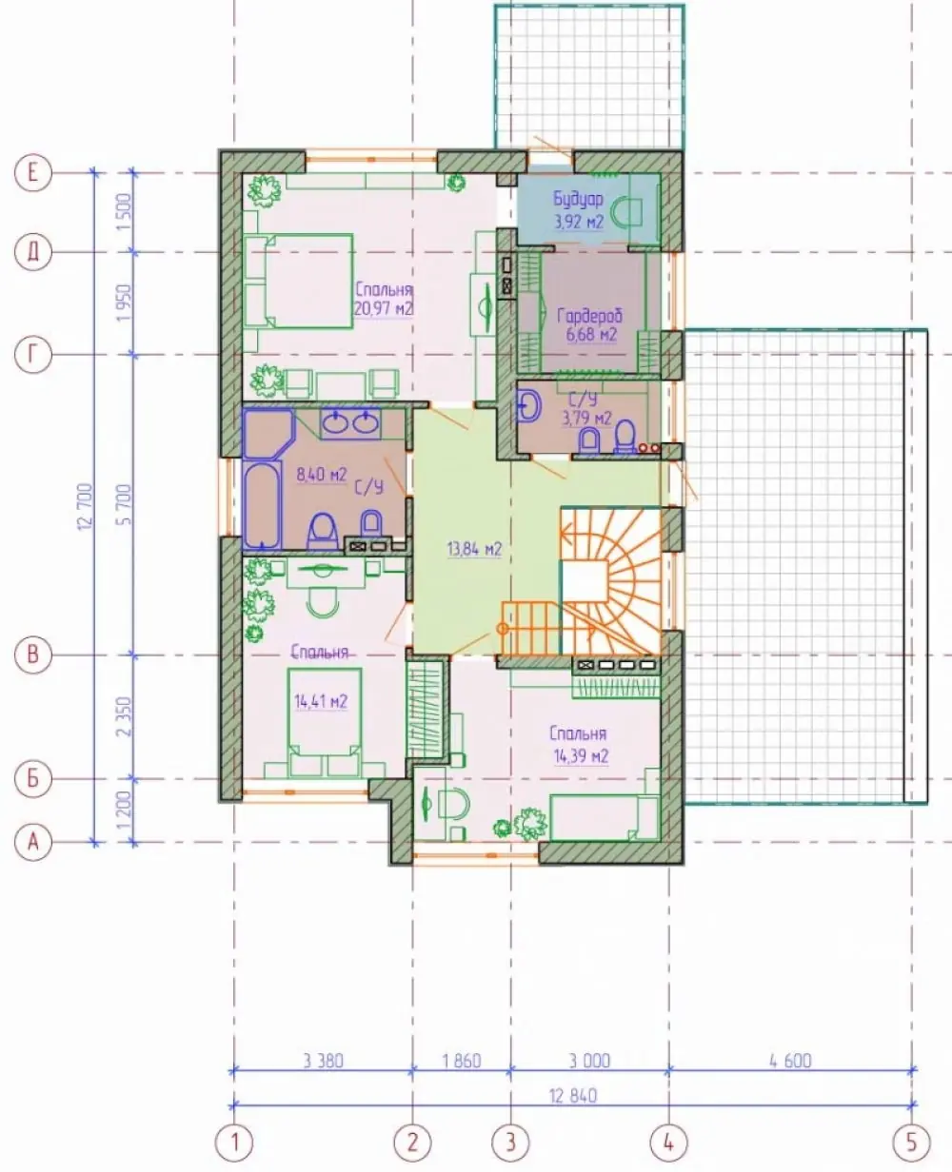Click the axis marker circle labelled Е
(x=33, y=173)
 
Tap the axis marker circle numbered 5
(x=912, y=1143)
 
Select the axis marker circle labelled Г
(x=33, y=355)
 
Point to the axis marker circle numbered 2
(x=413, y=1143)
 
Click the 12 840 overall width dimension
(x=573, y=1096)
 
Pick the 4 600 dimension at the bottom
(x=790, y=1061)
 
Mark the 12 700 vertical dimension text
(x=86, y=507)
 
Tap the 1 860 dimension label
(x=462, y=1061)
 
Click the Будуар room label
(x=578, y=199)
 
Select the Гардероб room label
(x=590, y=316)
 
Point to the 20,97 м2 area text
(x=384, y=308)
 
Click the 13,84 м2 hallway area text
(x=474, y=549)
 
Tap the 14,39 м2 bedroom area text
(x=581, y=756)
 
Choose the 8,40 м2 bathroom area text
(x=322, y=474)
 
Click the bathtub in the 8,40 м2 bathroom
(x=262, y=507)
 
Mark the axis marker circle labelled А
(x=33, y=842)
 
